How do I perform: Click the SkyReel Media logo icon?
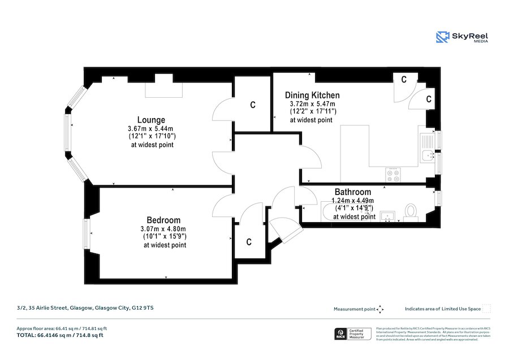pyautogui.click(x=442, y=37)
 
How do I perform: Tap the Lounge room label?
pyautogui.click(x=151, y=120)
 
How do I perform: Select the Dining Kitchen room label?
pyautogui.click(x=312, y=95)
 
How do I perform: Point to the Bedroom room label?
pyautogui.click(x=163, y=220)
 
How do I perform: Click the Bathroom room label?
pyautogui.click(x=353, y=192)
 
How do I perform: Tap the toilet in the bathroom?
pyautogui.click(x=411, y=210)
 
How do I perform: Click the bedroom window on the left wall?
pyautogui.click(x=87, y=234)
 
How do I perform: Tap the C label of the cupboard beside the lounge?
pyautogui.click(x=253, y=105)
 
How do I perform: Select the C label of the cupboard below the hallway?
pyautogui.click(x=249, y=242)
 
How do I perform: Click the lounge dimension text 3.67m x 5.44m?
pyautogui.click(x=151, y=129)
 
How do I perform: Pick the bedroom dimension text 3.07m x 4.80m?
pyautogui.click(x=164, y=229)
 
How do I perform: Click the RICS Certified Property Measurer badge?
pyautogui.click(x=353, y=334)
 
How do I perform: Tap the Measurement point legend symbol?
pyautogui.click(x=380, y=309)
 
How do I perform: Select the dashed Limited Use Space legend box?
pyautogui.click(x=486, y=309)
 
